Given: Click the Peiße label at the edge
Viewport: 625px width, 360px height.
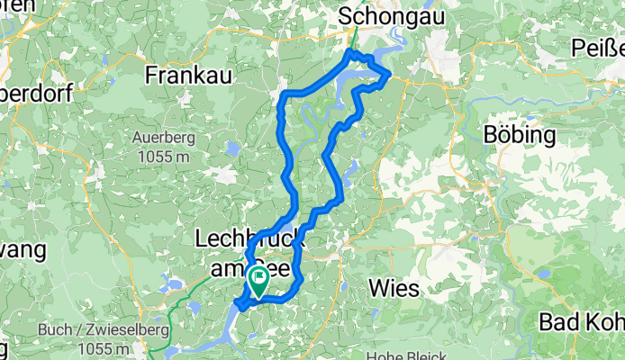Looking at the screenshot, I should pos(599,49).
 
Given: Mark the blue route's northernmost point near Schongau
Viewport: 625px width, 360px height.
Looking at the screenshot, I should pos(351,53).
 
